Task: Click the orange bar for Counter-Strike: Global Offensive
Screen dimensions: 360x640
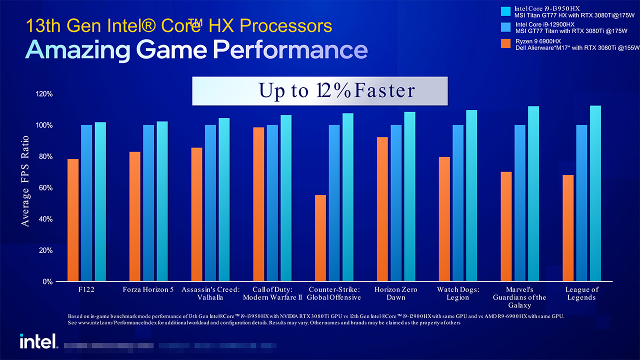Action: (320, 238)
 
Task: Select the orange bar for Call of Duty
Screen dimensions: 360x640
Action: (258, 204)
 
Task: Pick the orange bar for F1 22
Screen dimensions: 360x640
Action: (73, 220)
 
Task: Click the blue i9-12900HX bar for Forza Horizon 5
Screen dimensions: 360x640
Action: (148, 203)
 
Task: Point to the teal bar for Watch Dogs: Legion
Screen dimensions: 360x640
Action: (471, 195)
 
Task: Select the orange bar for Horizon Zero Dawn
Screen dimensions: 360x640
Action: (382, 209)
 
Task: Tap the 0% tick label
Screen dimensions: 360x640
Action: (47, 281)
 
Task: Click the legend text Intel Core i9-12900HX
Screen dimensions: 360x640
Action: (544, 24)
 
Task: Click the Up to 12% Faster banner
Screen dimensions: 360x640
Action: (319, 90)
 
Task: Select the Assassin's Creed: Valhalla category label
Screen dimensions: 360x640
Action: (210, 293)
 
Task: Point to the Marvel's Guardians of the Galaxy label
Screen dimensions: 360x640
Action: (519, 297)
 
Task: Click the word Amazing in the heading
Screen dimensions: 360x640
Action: (77, 50)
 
